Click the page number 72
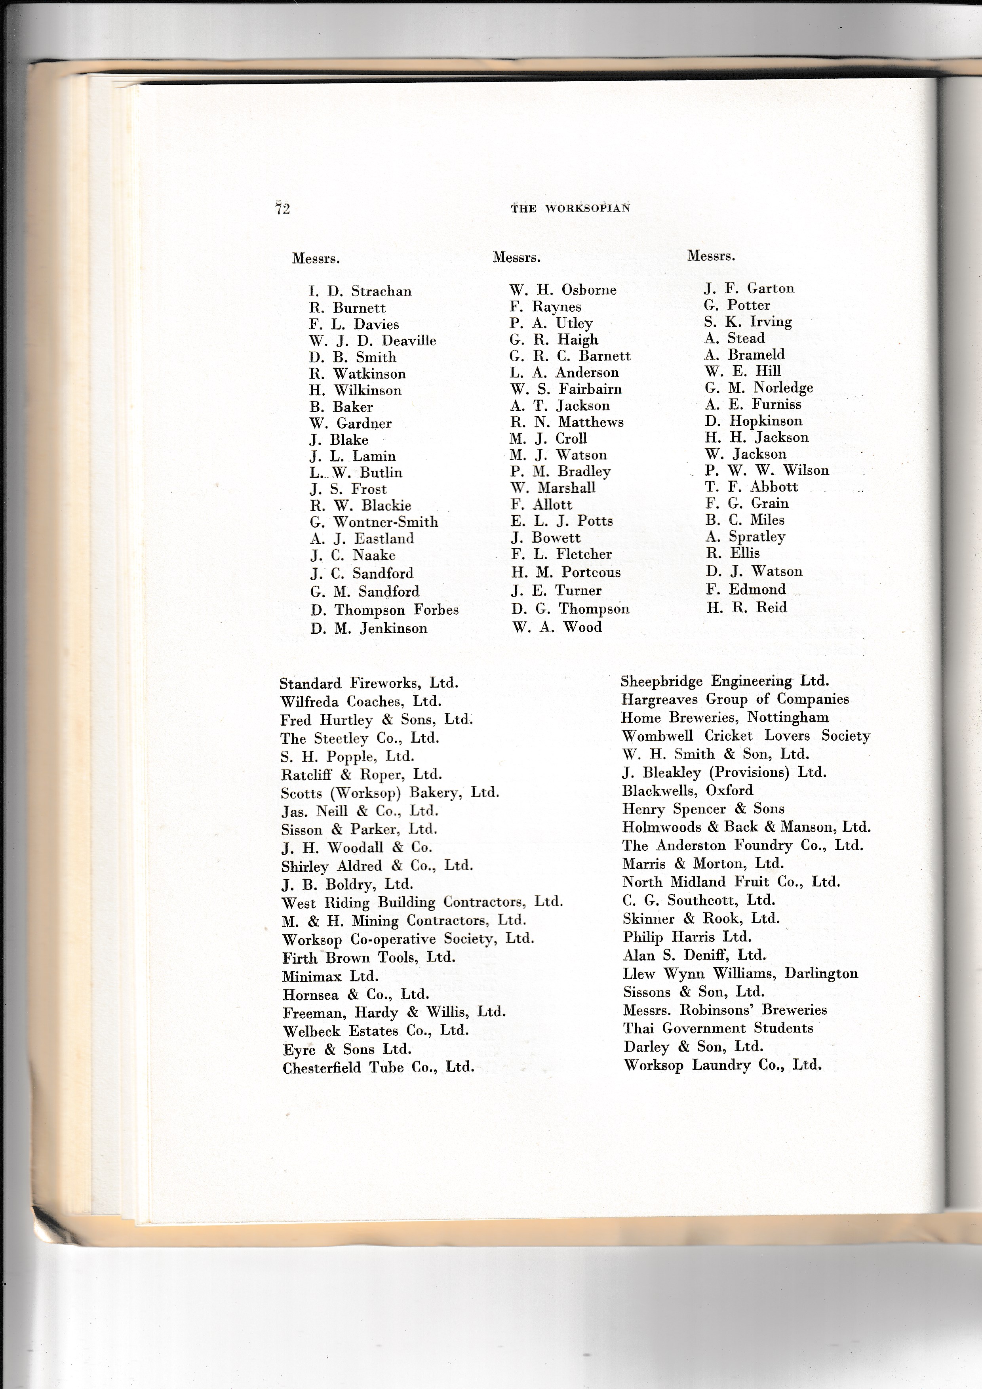(x=282, y=209)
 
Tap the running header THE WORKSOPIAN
(x=570, y=208)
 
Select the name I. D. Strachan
(x=360, y=291)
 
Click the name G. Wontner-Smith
(x=374, y=522)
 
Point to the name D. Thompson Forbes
(x=384, y=610)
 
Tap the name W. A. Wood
(x=557, y=627)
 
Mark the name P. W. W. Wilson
(x=767, y=470)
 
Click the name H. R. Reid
(x=746, y=608)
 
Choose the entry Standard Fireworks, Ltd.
(x=369, y=684)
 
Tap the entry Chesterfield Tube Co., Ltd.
(x=378, y=1068)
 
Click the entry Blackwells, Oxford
(x=687, y=791)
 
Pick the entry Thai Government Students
(x=718, y=1029)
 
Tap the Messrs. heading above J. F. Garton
(x=711, y=256)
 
